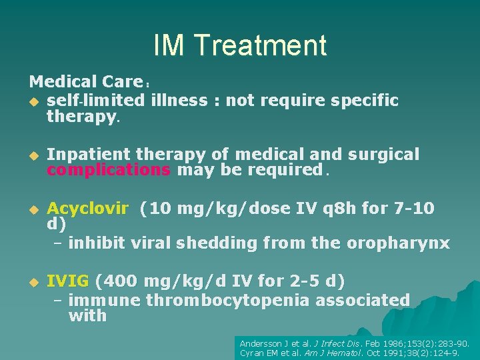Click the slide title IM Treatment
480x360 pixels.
pos(240,45)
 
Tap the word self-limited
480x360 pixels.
pos(95,101)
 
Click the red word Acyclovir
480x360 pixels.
pos(87,209)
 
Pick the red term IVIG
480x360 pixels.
pos(69,281)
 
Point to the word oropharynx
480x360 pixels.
pos(398,243)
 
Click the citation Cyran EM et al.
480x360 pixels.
pos(271,353)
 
